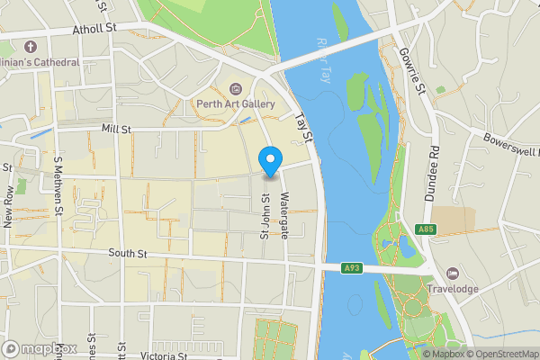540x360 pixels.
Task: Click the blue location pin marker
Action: [269, 161]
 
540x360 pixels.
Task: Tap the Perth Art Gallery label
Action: [235, 104]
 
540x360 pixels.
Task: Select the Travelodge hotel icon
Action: [452, 274]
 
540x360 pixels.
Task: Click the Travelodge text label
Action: [452, 290]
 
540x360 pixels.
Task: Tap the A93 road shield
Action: [353, 267]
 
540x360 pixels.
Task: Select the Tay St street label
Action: [304, 126]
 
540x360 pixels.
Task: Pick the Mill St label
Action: [116, 130]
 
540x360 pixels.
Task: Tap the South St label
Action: [128, 255]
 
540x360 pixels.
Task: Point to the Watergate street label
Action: [284, 216]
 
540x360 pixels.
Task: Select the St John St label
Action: [265, 218]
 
